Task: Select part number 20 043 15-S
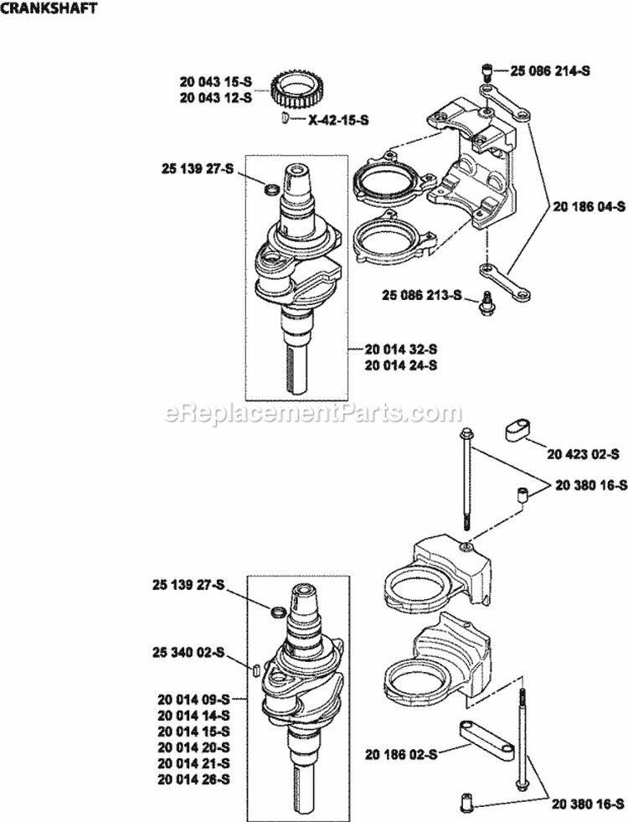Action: click(215, 81)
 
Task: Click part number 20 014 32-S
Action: click(401, 349)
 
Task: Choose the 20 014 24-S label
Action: click(401, 365)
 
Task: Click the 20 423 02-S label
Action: click(583, 453)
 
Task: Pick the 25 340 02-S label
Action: click(189, 651)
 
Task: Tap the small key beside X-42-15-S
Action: click(286, 121)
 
